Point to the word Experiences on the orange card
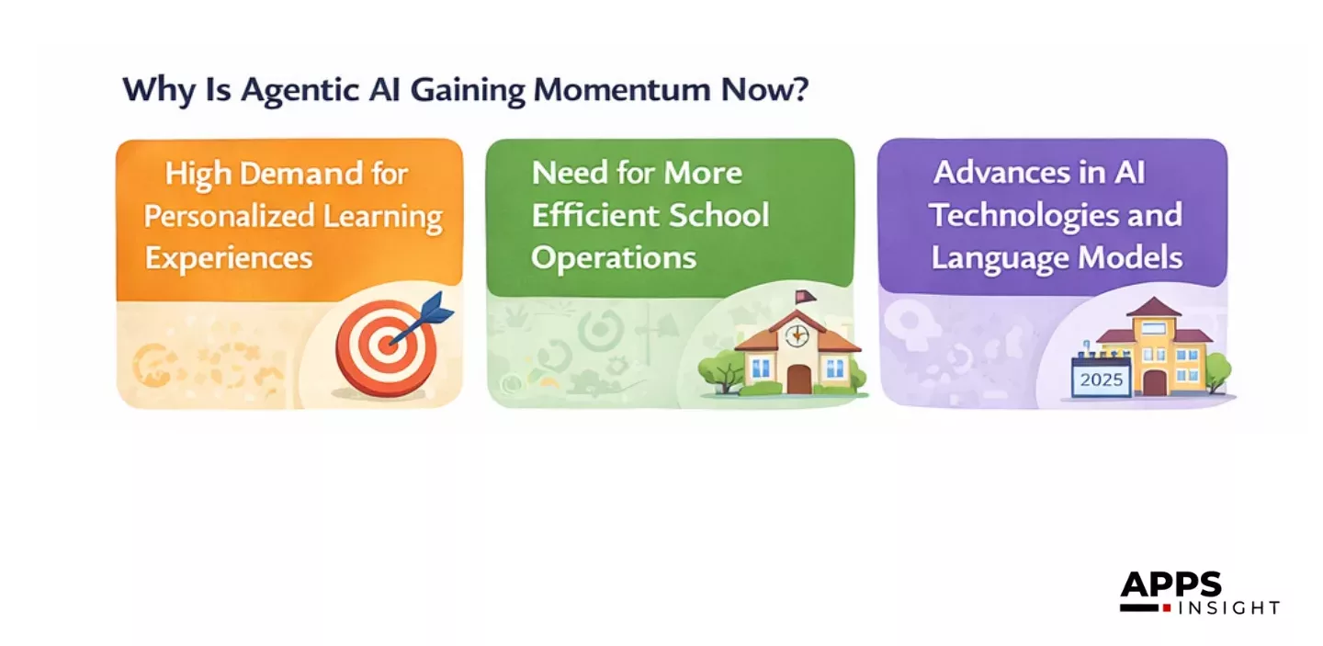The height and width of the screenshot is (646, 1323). click(229, 258)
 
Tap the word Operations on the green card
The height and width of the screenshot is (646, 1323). click(614, 258)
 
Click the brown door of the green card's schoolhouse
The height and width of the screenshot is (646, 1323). click(798, 378)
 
